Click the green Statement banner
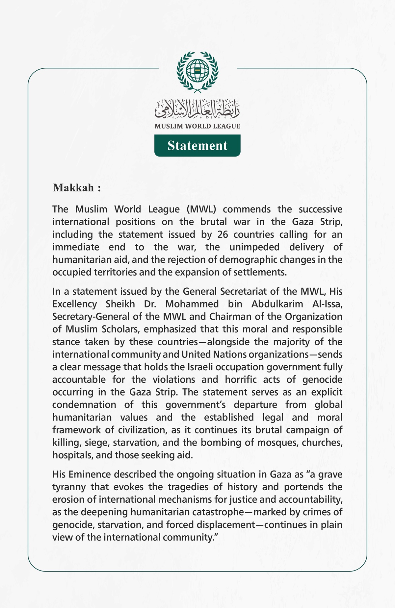click(x=197, y=145)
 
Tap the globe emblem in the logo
click(x=197, y=70)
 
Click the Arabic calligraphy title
click(x=197, y=109)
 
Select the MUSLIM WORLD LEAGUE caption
click(x=197, y=126)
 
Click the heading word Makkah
click(x=73, y=188)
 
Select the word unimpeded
click(x=254, y=247)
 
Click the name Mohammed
click(x=192, y=304)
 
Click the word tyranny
click(x=69, y=487)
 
